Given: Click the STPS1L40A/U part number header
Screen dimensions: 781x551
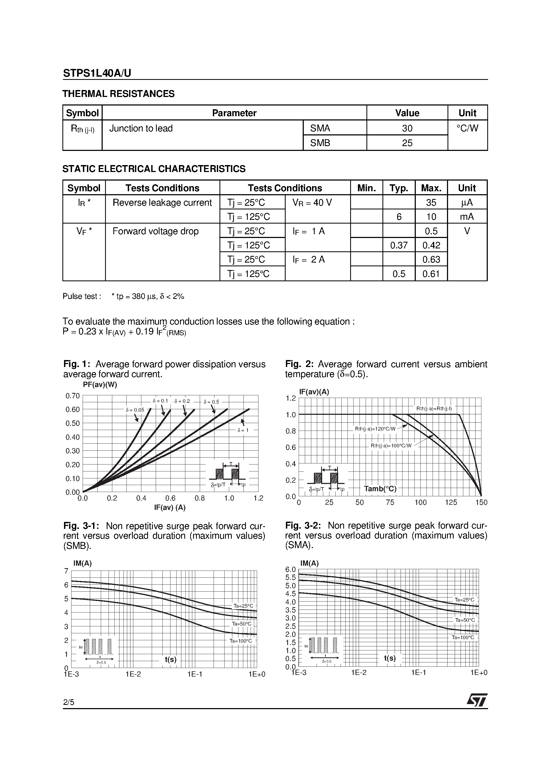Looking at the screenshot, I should [x=97, y=73].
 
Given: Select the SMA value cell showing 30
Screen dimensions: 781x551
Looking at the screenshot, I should [x=407, y=128].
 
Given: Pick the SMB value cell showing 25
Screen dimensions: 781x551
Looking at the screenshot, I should [x=407, y=143].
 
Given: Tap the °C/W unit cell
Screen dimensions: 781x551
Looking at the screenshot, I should [x=468, y=128].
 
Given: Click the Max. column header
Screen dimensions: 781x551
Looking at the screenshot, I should [x=431, y=188].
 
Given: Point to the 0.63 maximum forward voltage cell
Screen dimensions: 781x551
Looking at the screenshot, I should [x=431, y=260].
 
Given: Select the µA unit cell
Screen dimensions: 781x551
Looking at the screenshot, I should [x=467, y=203].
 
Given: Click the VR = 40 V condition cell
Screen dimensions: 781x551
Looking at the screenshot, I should [x=312, y=203].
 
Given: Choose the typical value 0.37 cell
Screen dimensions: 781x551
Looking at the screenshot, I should [x=398, y=245].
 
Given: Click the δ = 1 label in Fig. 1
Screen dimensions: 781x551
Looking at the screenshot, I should [x=243, y=430].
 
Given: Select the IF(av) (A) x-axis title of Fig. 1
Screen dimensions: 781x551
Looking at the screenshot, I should [x=170, y=507].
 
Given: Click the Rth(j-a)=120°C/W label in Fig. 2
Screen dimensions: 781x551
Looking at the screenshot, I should [x=375, y=429].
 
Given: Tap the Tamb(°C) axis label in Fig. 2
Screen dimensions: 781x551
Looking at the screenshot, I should [x=380, y=489].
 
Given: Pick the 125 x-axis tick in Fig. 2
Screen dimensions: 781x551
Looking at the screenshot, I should [x=451, y=502].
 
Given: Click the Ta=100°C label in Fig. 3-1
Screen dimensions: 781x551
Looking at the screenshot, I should [x=241, y=641].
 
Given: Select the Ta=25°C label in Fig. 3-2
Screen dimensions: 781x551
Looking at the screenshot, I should [x=464, y=600].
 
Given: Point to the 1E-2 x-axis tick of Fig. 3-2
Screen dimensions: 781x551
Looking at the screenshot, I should [x=359, y=673].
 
